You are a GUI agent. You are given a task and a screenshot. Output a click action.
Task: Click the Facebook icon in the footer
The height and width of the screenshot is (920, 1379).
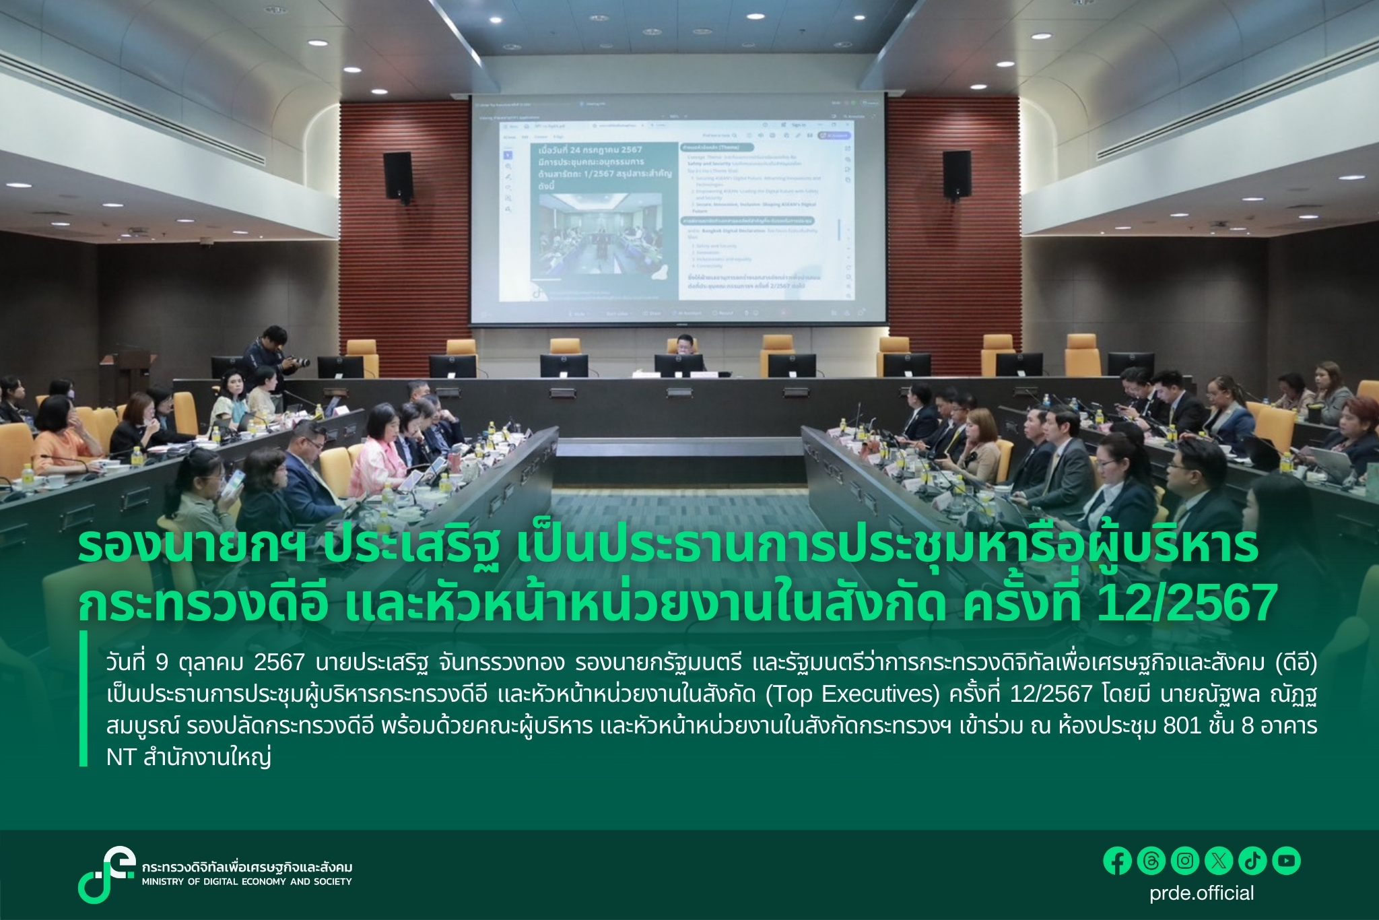1118,861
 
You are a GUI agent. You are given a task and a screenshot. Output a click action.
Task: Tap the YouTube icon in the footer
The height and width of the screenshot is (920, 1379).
1287,861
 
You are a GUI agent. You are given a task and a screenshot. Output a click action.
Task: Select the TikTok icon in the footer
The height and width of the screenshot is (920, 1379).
1253,861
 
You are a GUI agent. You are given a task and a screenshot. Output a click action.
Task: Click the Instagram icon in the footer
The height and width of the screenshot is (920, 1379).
1185,861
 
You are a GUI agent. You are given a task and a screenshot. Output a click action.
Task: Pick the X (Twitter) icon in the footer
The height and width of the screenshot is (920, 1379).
1219,861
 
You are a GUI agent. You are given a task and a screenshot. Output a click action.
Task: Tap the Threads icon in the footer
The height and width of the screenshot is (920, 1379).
1151,861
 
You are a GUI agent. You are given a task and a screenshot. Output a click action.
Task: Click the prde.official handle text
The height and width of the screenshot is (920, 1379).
1202,893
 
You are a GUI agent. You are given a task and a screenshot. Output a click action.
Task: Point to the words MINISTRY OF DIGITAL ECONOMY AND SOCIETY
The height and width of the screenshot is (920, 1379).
246,882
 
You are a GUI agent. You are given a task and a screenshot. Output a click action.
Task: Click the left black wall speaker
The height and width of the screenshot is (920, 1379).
397,176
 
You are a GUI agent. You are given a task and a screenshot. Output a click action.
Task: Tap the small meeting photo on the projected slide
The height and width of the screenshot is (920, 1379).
586,236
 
